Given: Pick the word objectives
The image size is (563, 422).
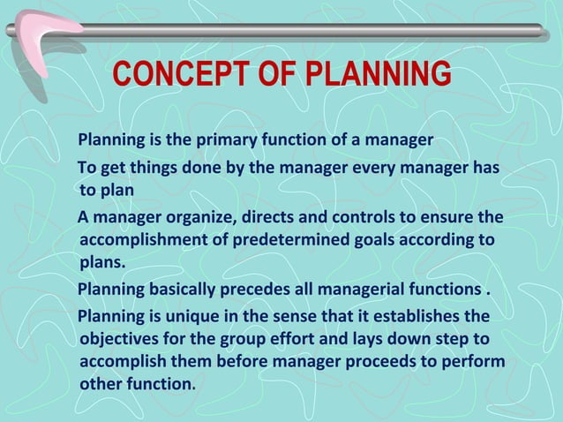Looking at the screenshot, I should pyautogui.click(x=118, y=339).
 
